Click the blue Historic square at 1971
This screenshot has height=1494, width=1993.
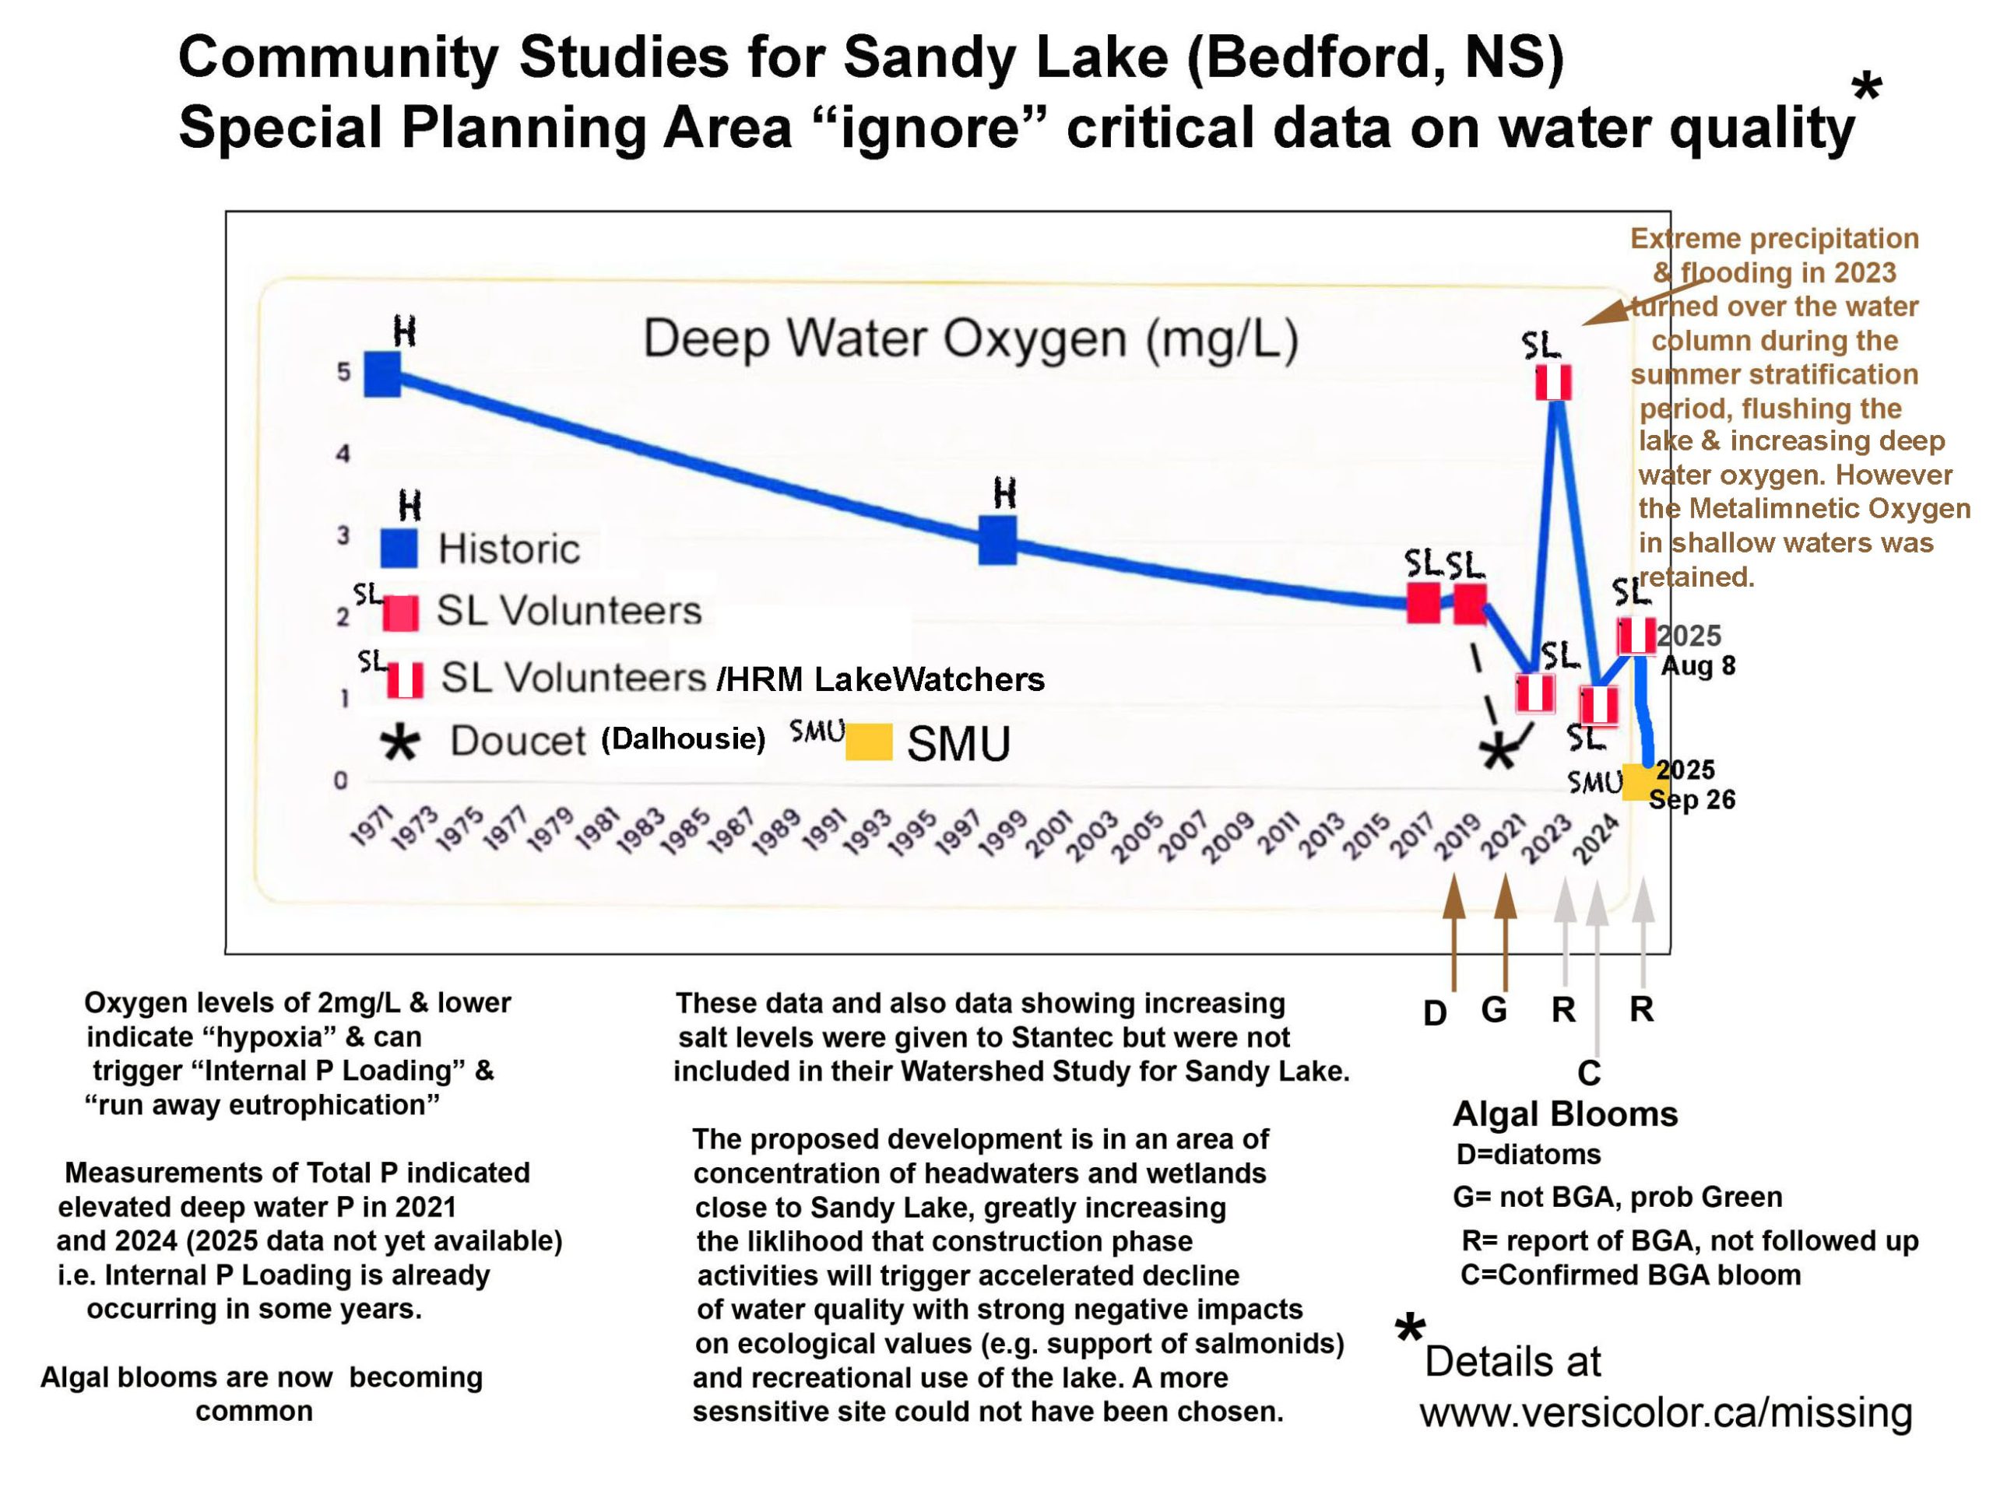coord(382,373)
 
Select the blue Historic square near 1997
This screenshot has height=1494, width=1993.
coord(997,539)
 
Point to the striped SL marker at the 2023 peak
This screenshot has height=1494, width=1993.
coord(1553,383)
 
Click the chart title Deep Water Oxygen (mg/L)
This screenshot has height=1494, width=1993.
coord(970,339)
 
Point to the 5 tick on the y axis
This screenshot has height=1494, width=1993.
coord(343,372)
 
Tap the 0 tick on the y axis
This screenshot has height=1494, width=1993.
coord(340,780)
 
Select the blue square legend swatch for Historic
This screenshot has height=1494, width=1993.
coord(399,549)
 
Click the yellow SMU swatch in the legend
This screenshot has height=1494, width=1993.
coord(869,742)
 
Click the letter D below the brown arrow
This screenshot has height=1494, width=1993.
coord(1434,1013)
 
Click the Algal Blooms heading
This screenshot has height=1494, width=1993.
coord(1565,1115)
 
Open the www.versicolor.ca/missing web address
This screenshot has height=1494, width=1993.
coord(1666,1412)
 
